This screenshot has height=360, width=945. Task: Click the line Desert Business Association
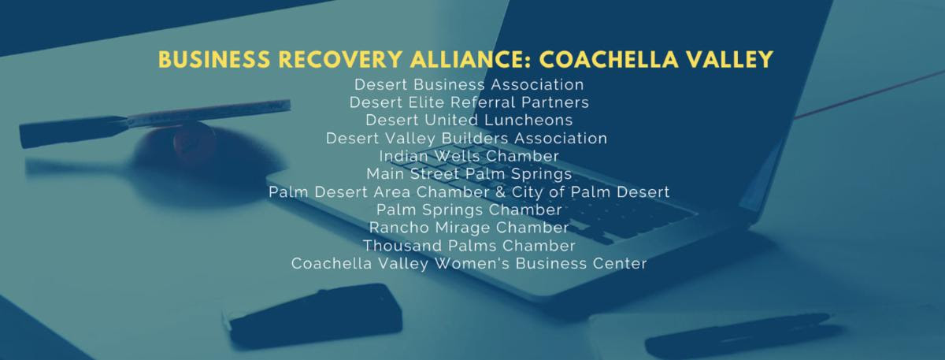point(469,84)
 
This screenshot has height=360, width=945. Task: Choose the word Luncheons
point(528,120)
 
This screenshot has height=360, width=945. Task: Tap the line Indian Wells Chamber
point(469,156)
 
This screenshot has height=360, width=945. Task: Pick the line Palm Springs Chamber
point(469,210)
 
